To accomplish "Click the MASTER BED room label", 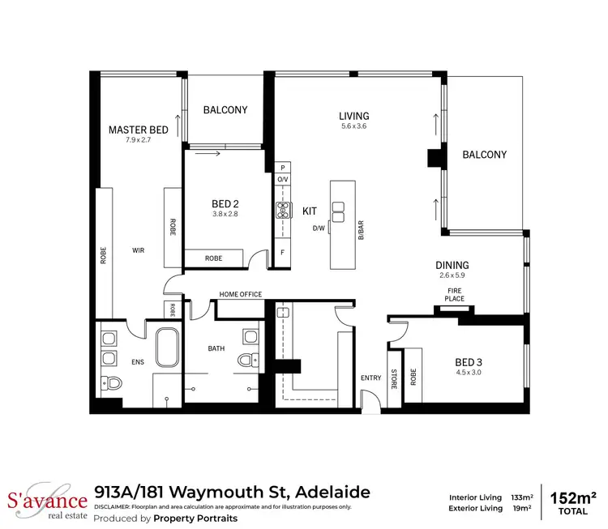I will coord(139,130).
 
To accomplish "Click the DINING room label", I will coord(452,265).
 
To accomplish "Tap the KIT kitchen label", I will coord(309,211).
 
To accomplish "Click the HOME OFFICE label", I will coord(241,294).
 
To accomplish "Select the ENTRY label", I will coord(370,378).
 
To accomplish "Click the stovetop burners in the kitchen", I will coord(283,210).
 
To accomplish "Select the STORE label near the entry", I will coord(395,378).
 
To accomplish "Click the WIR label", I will coord(138,251).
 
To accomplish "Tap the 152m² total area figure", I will coord(573,497).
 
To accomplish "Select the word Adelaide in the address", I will coord(333,492).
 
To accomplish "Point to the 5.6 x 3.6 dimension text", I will coord(354,126).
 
